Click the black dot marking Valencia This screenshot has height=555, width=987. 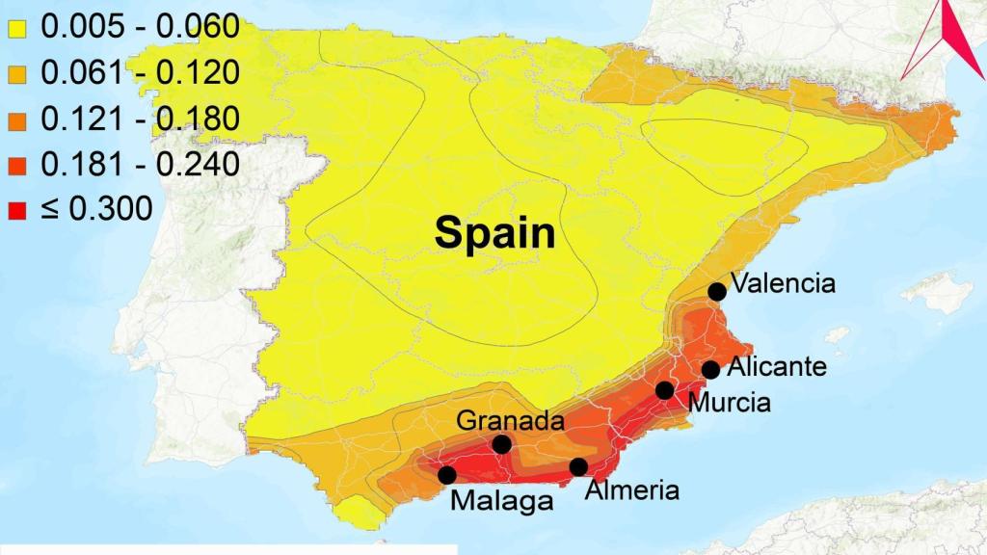[717, 291]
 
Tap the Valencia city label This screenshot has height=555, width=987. [783, 283]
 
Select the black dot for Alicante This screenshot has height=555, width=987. [711, 369]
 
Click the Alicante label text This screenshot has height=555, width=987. [777, 367]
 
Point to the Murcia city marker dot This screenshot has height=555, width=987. [665, 389]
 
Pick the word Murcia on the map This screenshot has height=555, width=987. [730, 403]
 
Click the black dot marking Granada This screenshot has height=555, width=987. [501, 444]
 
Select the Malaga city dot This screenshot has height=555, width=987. [447, 474]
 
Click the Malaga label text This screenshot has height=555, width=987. [502, 501]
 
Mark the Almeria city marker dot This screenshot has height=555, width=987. [578, 467]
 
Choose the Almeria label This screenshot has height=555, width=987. [632, 489]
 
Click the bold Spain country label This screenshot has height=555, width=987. [494, 232]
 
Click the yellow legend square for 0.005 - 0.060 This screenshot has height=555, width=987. [16, 28]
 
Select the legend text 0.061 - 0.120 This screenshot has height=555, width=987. [139, 73]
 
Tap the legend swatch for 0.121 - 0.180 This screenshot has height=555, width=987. [16, 119]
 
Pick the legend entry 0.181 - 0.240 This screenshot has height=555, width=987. [139, 165]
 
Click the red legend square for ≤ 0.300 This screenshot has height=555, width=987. [16, 209]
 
